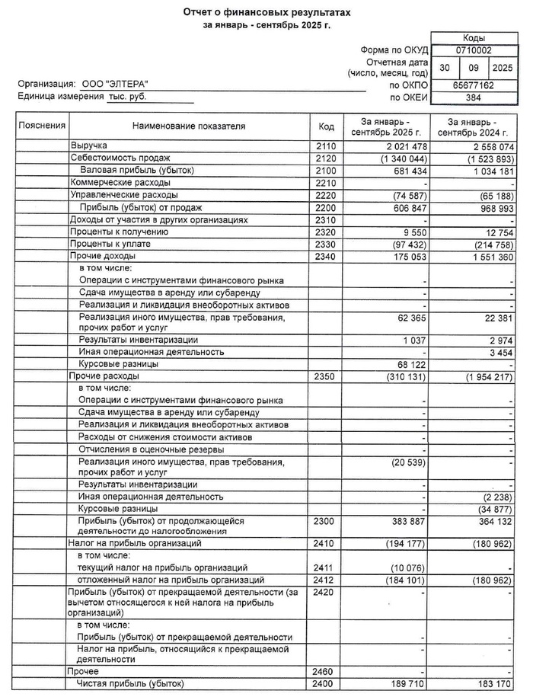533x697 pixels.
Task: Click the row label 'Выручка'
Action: click(x=89, y=145)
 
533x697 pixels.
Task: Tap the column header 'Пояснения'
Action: click(x=43, y=126)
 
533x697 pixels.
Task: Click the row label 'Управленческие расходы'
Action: click(x=120, y=195)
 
